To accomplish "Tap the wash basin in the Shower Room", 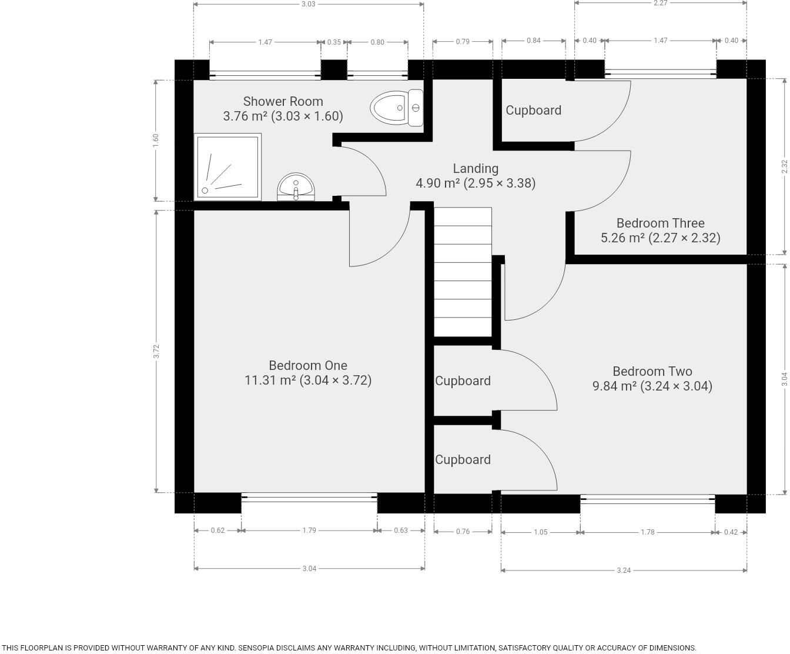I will (296, 186).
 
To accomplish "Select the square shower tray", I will (227, 166).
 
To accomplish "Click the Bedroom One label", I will (308, 365).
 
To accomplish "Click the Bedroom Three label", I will (660, 223).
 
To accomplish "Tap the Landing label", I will (476, 169).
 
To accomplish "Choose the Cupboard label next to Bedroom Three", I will (533, 111).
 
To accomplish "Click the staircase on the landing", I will (463, 271).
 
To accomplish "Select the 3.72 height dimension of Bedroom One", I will (156, 351).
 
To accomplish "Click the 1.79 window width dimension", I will (309, 530).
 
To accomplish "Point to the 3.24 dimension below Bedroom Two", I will (624, 570).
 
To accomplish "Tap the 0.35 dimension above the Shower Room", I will (334, 42).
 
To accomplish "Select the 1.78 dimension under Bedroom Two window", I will (647, 532).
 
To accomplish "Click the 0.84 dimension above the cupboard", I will (533, 41).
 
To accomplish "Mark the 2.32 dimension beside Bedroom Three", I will (784, 166).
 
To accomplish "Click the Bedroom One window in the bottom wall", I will (309, 498).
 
